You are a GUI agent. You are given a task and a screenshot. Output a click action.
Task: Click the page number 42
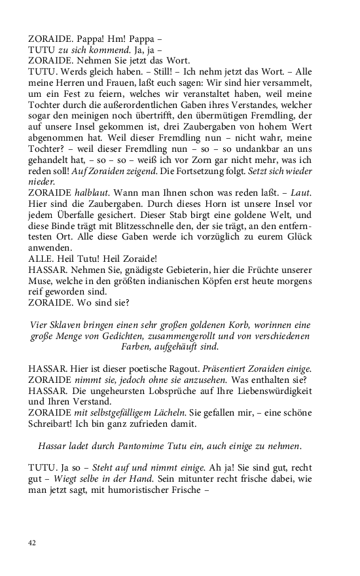[33, 543]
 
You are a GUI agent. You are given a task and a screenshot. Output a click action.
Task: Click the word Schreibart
[54, 425]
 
